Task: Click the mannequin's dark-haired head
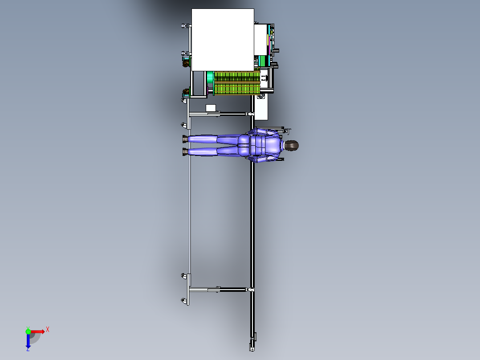(x=291, y=146)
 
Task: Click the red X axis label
(x=48, y=330)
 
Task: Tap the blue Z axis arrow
(x=28, y=341)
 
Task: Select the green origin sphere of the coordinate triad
(x=28, y=331)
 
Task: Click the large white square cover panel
(x=223, y=40)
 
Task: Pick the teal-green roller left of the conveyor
(x=210, y=78)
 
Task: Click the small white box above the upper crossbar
(x=211, y=108)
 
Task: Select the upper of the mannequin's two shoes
(x=185, y=139)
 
